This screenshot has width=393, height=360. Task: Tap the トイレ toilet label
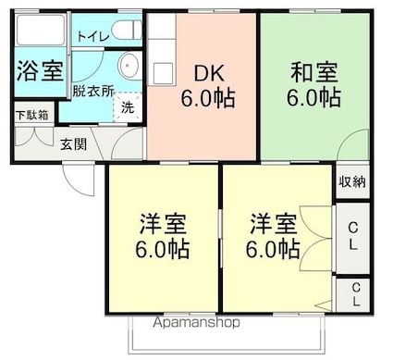point(92,37)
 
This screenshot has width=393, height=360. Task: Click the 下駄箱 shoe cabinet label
point(32,116)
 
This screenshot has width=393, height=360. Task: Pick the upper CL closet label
point(352,235)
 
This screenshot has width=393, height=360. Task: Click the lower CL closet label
point(354,295)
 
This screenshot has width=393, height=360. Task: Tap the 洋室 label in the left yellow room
point(164,223)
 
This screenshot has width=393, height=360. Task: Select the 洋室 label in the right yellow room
point(274,223)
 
